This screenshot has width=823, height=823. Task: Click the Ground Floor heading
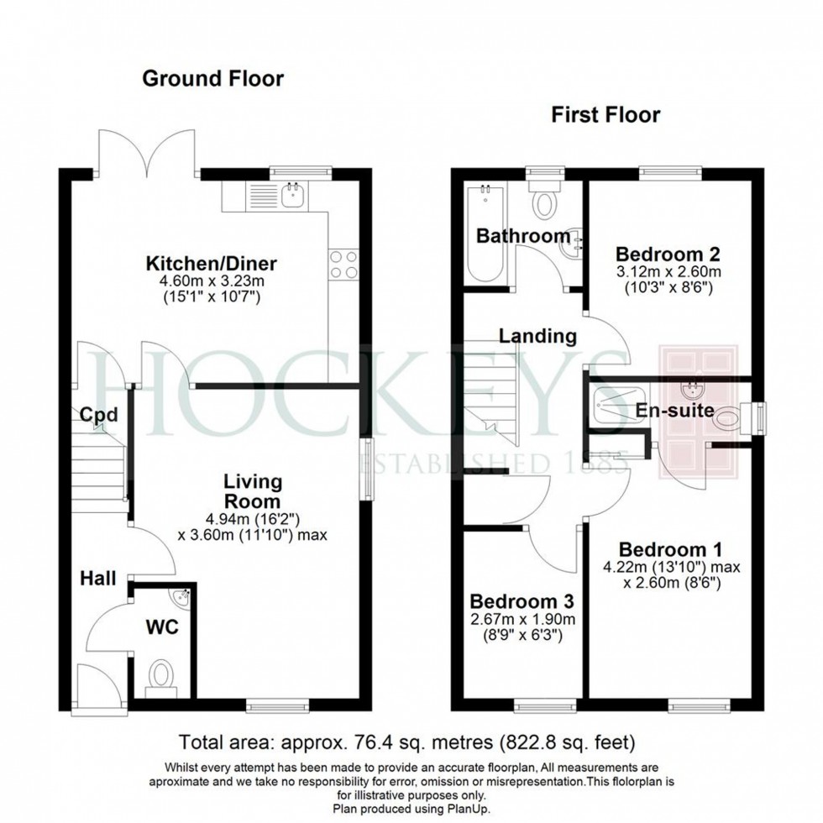pos(212,79)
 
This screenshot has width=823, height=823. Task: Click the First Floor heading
pos(605,115)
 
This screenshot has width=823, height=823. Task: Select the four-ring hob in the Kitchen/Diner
pos(344,265)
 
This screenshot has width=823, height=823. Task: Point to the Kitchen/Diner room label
pos(212,264)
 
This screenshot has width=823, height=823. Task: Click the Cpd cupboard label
pos(98,414)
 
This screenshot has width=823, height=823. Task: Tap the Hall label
pos(99,579)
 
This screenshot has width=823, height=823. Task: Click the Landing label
pos(537,336)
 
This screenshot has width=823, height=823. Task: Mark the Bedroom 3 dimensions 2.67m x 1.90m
pos(522,627)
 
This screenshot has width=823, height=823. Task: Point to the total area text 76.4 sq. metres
pos(408,742)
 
